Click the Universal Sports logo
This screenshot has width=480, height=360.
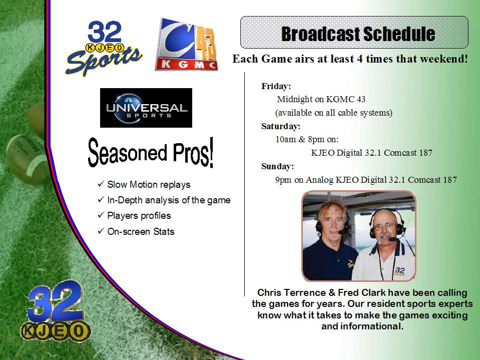point(146,108)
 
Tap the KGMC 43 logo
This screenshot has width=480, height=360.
point(186,45)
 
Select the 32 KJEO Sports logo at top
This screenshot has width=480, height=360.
point(104,48)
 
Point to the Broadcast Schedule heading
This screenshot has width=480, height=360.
point(358,34)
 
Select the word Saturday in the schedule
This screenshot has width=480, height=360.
point(281,126)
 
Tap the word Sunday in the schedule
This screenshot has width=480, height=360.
point(277,166)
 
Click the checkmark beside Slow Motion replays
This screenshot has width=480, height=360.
point(101,184)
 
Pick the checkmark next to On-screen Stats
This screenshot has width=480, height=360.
point(101,231)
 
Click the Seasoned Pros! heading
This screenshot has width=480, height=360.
point(151,152)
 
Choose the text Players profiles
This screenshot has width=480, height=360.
point(139,216)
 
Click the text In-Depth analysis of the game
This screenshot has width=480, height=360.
point(169,200)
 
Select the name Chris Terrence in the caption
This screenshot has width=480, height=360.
point(291,292)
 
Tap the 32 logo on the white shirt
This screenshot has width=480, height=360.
point(399,271)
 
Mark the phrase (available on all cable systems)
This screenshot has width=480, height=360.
point(334,113)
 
